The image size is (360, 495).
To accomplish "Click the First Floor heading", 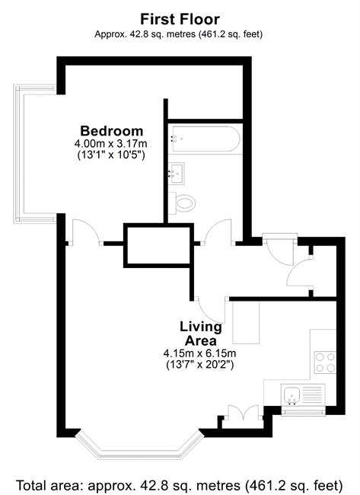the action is [180, 19].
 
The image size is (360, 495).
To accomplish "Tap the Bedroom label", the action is [112, 131].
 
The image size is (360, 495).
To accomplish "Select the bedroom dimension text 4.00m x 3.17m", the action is [111, 144].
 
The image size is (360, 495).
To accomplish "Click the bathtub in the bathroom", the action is [205, 139].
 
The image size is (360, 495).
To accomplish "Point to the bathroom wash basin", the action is [176, 174].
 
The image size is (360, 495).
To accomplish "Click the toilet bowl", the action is [183, 203].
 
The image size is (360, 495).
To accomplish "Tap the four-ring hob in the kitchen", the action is [325, 362].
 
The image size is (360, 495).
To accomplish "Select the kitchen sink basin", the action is [292, 394].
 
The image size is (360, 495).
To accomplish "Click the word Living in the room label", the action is [201, 327].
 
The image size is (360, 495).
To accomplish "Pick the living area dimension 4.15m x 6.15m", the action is [199, 353].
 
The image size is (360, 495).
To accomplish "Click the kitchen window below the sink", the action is [303, 410].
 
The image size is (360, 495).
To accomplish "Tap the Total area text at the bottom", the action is [179, 484].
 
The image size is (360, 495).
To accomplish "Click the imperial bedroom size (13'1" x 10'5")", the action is [111, 155].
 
